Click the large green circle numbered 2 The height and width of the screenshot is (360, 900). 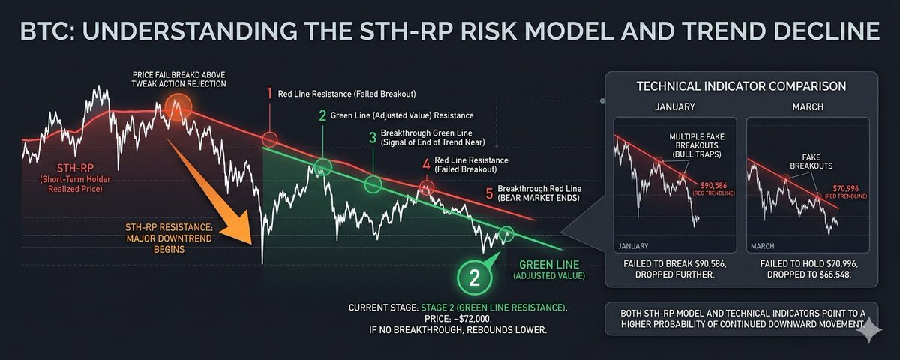[x=474, y=277]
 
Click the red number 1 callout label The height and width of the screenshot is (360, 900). [x=269, y=94]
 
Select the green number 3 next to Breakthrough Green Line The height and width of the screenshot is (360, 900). [x=372, y=136]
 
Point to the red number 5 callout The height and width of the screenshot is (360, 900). [x=489, y=194]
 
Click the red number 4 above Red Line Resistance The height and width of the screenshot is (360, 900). [x=425, y=164]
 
